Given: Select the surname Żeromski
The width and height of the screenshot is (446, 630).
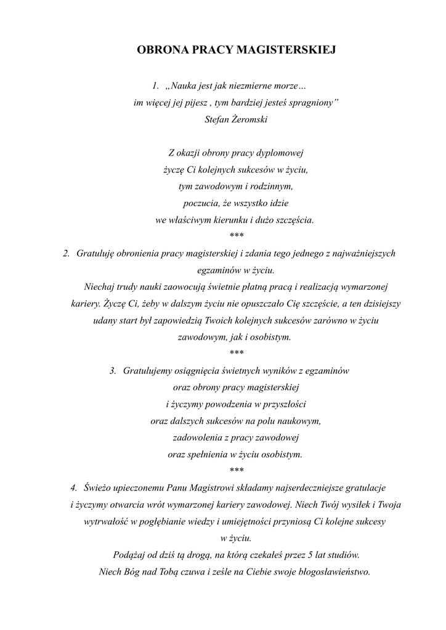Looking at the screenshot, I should tap(249, 119).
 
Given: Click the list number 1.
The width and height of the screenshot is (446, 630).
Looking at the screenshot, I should tap(155, 84).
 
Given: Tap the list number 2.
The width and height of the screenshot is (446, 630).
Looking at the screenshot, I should tap(67, 253).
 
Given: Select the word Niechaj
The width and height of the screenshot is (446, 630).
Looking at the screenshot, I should tap(99, 286).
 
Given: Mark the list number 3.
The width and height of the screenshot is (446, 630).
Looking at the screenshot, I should tap(113, 370).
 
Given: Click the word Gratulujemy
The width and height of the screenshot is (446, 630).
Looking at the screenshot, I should tap(148, 370).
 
